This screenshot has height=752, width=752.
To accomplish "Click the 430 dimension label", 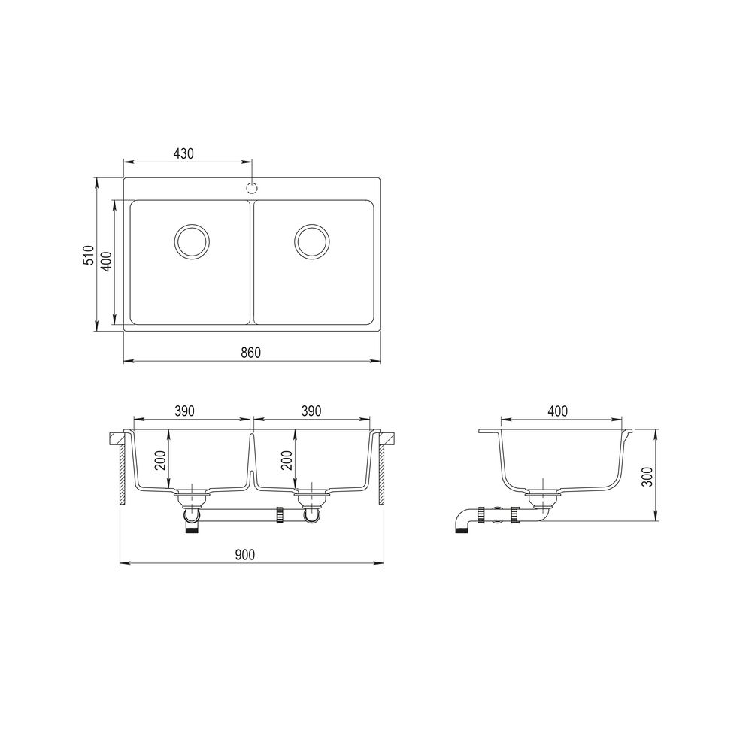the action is tap(183, 153).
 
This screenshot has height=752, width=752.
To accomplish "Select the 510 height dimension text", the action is tap(88, 255).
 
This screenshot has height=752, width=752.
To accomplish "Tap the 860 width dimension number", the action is tap(250, 353).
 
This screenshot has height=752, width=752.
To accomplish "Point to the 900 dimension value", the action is tap(245, 555).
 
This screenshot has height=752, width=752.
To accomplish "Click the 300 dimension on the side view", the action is tap(648, 476).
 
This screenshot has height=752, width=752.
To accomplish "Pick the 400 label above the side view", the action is tap(557, 411).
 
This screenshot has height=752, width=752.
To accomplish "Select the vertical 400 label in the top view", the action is tap(108, 262).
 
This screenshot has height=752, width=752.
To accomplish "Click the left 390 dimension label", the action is tap(184, 411).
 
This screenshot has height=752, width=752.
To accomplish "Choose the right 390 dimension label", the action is tap(311, 411).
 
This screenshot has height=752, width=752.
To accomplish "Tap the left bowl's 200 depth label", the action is tap(161, 460).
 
